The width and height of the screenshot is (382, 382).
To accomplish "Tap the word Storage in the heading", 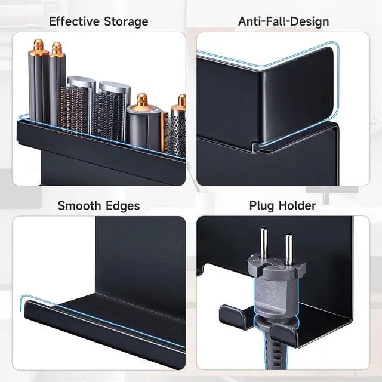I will [126, 22].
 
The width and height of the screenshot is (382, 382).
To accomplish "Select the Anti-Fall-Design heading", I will [284, 22].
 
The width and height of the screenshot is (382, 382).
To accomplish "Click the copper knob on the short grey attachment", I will [142, 100].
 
